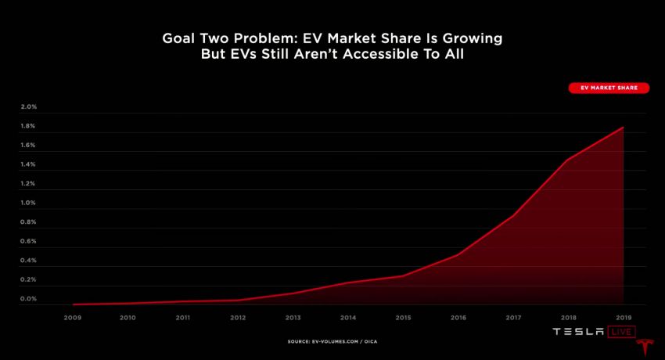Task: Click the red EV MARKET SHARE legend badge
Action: pyautogui.click(x=608, y=88)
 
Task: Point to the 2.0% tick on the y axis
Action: pyautogui.click(x=28, y=106)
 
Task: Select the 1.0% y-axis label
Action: pyautogui.click(x=28, y=203)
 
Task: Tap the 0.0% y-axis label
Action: pyautogui.click(x=28, y=299)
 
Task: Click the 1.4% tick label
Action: pyautogui.click(x=28, y=164)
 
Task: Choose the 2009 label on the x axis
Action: pyautogui.click(x=73, y=318)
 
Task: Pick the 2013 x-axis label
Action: pyautogui.click(x=293, y=318)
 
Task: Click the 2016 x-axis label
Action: pyautogui.click(x=458, y=318)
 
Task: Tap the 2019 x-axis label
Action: pyautogui.click(x=624, y=318)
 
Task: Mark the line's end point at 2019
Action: pyautogui.click(x=624, y=127)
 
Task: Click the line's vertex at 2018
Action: pyautogui.click(x=568, y=160)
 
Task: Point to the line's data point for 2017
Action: pyautogui.click(x=513, y=215)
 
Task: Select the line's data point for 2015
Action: pyautogui.click(x=403, y=275)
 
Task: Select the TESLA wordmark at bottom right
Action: pyautogui.click(x=579, y=333)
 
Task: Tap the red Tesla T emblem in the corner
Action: pyautogui.click(x=645, y=347)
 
